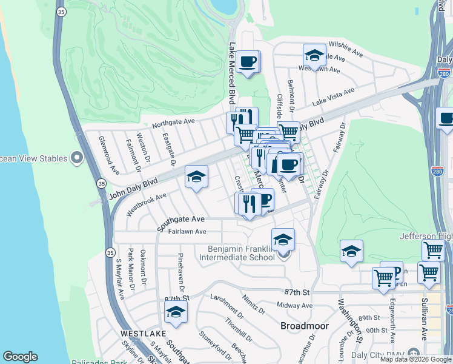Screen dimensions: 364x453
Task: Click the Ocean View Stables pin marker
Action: tap(77, 159)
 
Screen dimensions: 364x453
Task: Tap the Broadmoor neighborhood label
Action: tap(305, 326)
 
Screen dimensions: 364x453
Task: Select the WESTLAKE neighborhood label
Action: tap(142, 334)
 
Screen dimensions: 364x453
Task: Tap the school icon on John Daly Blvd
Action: tap(196, 177)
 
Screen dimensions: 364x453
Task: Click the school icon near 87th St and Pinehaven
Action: tap(176, 312)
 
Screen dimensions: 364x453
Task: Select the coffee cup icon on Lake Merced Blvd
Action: tap(248, 62)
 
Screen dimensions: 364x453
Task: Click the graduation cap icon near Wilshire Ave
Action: tap(314, 56)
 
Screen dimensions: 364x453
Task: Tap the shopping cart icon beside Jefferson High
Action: tap(433, 249)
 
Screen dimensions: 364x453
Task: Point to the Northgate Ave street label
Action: tap(173, 123)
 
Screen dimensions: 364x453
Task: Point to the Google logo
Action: tap(20, 357)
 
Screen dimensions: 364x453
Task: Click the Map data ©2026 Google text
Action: tap(416, 359)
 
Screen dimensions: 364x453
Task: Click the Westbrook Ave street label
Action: tap(146, 204)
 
